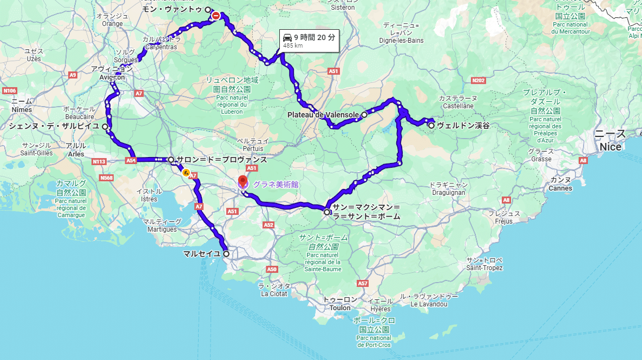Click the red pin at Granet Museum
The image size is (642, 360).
click(243, 180)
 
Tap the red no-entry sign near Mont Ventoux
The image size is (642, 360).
click(216, 16)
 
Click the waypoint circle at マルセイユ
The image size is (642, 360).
click(226, 253)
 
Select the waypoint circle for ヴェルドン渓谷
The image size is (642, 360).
click(431, 125)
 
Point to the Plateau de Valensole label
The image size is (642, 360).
click(323, 115)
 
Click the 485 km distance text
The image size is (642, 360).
click(293, 45)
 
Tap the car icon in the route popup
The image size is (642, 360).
click(287, 37)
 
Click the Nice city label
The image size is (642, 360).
click(611, 147)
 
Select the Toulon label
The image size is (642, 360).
click(340, 308)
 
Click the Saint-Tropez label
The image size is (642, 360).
click(484, 268)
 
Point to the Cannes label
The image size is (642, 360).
click(560, 188)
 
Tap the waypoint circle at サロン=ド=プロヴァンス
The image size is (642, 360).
click(171, 160)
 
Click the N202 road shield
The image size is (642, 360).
click(478, 81)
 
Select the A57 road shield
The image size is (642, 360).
click(362, 283)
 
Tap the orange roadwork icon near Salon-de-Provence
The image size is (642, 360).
click(186, 173)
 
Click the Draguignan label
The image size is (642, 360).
click(447, 192)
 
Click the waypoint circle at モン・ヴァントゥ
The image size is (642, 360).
click(208, 9)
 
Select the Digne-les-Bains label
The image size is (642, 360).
click(401, 40)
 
